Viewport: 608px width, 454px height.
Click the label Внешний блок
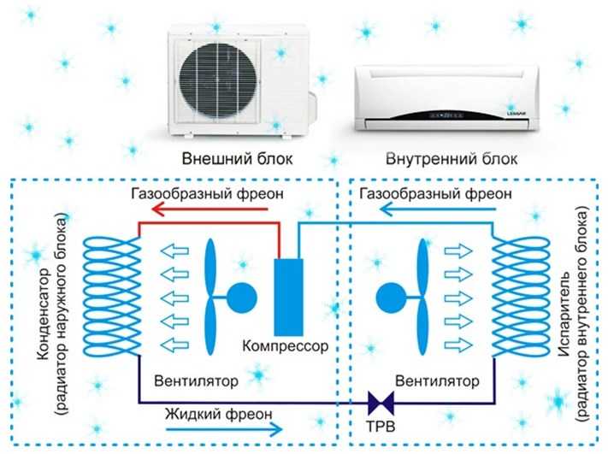tap(237, 158)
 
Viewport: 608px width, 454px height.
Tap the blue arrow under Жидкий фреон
tap(222, 429)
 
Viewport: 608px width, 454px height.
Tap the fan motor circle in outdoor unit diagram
tap(239, 295)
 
